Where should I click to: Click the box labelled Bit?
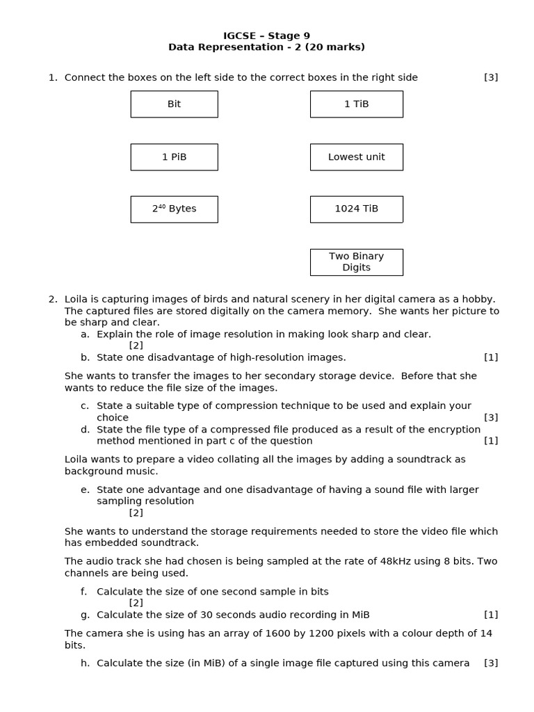174,104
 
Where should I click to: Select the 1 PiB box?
174,157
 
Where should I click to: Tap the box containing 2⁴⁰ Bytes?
174,209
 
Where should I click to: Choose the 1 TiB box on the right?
356,104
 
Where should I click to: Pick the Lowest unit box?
356,157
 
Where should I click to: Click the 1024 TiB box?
356,209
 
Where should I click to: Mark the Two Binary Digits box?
356,262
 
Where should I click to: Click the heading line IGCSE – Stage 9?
266,35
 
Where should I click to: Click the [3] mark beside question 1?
491,78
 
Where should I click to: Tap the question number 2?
53,299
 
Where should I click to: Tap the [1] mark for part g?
491,615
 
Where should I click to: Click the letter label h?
85,663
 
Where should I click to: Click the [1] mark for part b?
491,357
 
